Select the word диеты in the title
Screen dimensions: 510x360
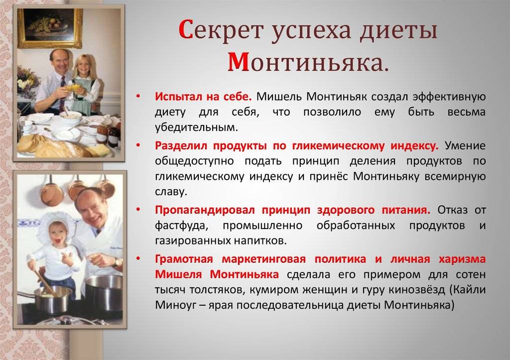point(399,30)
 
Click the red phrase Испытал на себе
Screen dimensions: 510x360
point(203,97)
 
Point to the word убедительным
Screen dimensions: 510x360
point(196,127)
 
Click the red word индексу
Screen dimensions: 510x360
point(414,146)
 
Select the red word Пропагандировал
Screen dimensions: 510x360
point(205,210)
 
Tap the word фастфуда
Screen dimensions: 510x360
point(181,226)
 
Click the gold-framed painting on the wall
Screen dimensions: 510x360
point(50,28)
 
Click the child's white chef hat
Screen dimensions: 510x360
point(56,224)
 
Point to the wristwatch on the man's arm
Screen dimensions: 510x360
point(116,262)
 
